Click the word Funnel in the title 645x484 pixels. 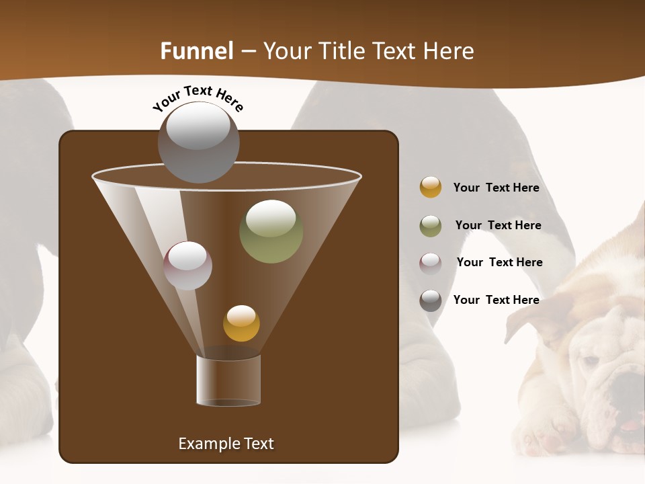[x=197, y=51]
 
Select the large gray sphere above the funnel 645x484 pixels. [x=198, y=142]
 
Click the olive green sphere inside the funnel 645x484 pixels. [x=271, y=231]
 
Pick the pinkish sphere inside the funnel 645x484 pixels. [x=188, y=266]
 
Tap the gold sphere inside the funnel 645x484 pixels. [x=241, y=323]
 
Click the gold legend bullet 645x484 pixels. [x=431, y=187]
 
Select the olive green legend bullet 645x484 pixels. [x=431, y=226]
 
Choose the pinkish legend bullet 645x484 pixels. [x=431, y=263]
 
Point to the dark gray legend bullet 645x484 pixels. [x=431, y=300]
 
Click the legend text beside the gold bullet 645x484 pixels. [x=496, y=188]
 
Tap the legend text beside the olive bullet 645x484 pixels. [x=498, y=225]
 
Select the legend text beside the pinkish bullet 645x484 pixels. [x=499, y=262]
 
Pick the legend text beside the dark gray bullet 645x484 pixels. [x=496, y=300]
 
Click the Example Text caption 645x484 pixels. [x=226, y=444]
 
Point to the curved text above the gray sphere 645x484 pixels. [x=198, y=98]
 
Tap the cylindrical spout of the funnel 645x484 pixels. [x=228, y=380]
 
